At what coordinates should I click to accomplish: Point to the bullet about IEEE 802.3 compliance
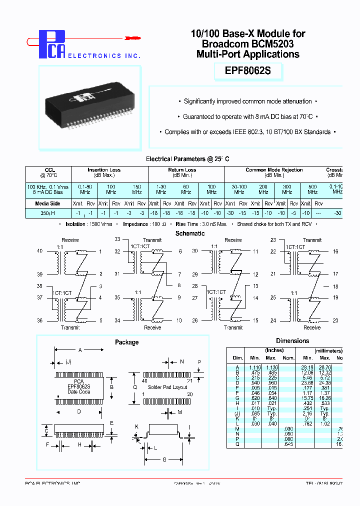point(248,132)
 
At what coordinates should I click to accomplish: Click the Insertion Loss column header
point(104,170)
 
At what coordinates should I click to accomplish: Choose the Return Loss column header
point(181,170)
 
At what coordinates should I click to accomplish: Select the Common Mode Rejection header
point(274,170)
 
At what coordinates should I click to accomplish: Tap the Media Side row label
point(47,203)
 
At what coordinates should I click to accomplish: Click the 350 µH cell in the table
point(47,213)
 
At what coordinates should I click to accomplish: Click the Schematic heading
point(190,233)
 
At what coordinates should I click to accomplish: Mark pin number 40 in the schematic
point(40,251)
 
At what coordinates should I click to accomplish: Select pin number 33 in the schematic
point(117,239)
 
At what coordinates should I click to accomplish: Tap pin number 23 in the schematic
point(273,240)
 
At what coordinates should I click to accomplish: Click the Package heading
point(126,342)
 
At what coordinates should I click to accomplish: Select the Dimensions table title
point(292,340)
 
